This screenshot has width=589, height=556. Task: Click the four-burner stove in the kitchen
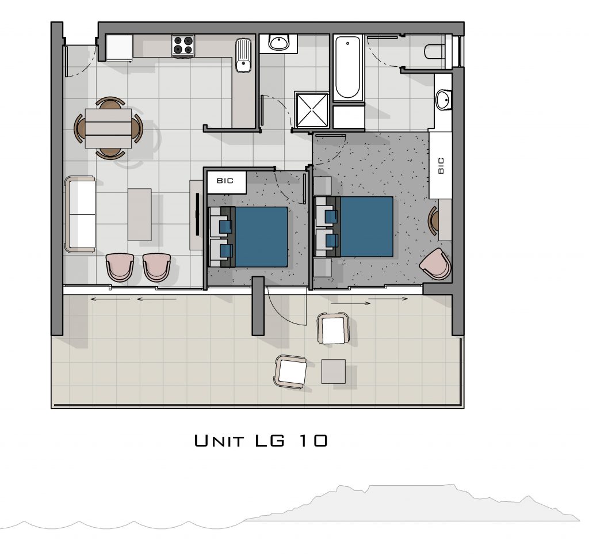pos(183,46)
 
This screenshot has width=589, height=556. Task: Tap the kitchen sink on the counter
pos(243,55)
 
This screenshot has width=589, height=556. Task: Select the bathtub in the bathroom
pos(348,67)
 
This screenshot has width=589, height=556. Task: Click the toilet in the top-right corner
pos(434,51)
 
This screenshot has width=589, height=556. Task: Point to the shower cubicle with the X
pos(311,111)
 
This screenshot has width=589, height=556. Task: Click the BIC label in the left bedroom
pos(225,181)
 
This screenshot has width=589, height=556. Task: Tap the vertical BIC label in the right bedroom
pos(441,165)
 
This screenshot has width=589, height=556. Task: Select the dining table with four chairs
pos(108,128)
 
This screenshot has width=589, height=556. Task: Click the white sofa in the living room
pos(80,214)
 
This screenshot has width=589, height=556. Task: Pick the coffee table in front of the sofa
pos(140,214)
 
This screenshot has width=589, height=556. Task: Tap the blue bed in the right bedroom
pos(354,227)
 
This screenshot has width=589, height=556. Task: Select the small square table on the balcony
pos(334,371)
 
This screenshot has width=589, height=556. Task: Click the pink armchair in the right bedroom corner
pos(435,263)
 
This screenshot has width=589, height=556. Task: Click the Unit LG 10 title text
pos(261,440)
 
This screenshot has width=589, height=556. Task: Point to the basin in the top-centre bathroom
pos(279,42)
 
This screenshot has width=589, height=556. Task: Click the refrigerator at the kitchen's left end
pos(120,48)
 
